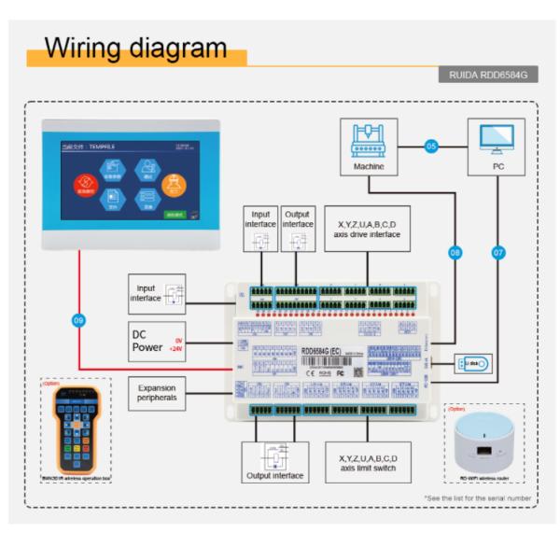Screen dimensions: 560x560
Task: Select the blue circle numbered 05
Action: (x=431, y=146)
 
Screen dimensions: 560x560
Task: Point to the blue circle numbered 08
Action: (x=455, y=252)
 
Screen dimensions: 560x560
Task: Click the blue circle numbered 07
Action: (x=497, y=252)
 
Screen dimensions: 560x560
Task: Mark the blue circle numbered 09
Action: (x=78, y=320)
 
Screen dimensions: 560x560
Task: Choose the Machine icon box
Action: (x=369, y=147)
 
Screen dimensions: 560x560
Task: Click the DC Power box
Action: (x=157, y=341)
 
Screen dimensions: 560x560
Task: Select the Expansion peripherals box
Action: (x=157, y=393)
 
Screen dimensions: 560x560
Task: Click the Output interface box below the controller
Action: (x=274, y=462)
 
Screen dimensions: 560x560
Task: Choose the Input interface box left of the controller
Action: (x=157, y=293)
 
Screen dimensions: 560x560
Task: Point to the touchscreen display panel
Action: (x=131, y=183)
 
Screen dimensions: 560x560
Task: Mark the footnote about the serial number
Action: (x=477, y=498)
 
